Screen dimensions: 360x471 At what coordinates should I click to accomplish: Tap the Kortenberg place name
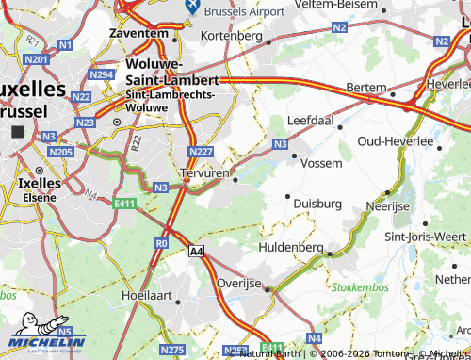click(x=231, y=36)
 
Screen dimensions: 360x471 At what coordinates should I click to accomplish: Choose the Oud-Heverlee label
click(x=395, y=141)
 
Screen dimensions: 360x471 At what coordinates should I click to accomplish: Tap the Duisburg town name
click(x=317, y=203)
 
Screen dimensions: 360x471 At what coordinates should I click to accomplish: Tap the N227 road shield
click(x=200, y=152)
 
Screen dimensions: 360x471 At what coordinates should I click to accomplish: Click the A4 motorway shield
click(x=196, y=252)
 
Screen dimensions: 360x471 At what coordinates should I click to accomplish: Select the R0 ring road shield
click(x=161, y=243)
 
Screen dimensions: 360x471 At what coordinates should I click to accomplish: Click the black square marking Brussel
click(x=17, y=133)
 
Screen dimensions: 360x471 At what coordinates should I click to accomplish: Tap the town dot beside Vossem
click(x=293, y=156)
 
